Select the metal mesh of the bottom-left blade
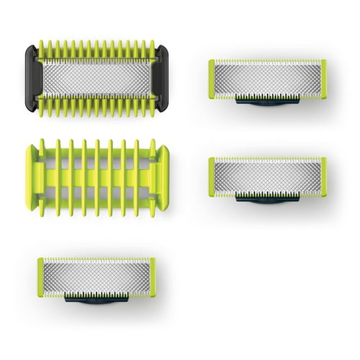tap(97, 278)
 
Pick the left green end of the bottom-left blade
tap(41, 278)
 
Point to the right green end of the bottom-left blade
tap(153, 278)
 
